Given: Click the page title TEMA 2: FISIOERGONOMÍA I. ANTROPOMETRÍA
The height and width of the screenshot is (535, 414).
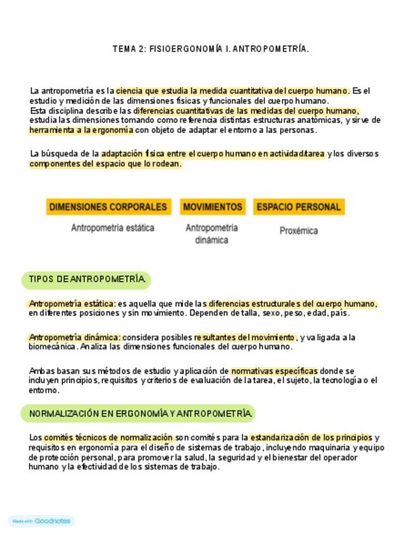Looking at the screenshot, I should tap(211, 49).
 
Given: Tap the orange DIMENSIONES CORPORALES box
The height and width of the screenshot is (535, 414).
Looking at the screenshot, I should tap(108, 207).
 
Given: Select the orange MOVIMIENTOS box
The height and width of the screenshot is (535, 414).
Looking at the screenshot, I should tap(212, 207).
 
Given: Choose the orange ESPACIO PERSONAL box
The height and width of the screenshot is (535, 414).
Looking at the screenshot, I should tap(299, 207).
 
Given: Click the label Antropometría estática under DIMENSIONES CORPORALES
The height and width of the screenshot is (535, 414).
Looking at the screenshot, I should tap(112, 228).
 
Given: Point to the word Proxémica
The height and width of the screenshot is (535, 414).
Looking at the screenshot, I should tap(299, 231).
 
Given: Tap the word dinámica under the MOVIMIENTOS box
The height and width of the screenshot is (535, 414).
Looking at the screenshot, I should tap(211, 240).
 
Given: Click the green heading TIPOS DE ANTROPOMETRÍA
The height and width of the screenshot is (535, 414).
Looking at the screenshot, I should tap(86, 279).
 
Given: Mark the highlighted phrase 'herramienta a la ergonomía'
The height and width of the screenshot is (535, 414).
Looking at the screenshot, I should tap(81, 130).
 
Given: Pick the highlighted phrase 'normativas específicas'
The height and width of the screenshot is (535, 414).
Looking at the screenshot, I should tap(274, 371).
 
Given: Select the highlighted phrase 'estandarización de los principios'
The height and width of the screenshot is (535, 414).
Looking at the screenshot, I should tap(310, 437).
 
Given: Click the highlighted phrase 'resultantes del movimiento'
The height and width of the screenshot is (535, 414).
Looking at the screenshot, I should tap(245, 337).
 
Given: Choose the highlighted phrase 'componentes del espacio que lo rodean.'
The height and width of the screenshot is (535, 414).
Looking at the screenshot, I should tap(105, 164).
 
